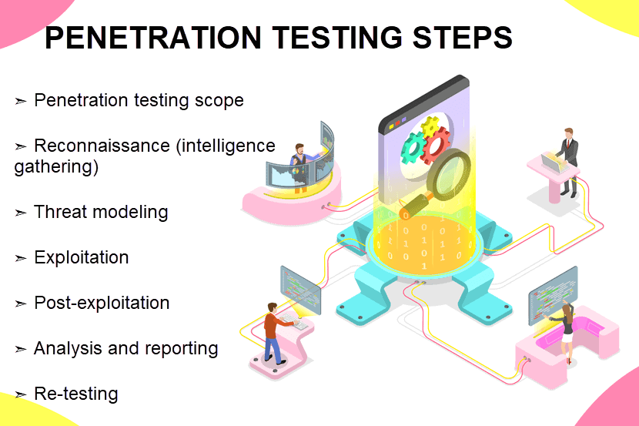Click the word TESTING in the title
pyautogui.click(x=336, y=38)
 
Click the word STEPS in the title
pyautogui.click(x=462, y=38)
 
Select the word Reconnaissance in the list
pyautogui.click(x=102, y=146)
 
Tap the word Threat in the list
pyautogui.click(x=61, y=212)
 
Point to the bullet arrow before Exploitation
pyautogui.click(x=20, y=258)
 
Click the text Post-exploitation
pyautogui.click(x=102, y=303)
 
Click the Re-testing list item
pyautogui.click(x=75, y=394)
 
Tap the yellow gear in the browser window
pyautogui.click(x=430, y=127)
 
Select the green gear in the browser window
pyautogui.click(x=413, y=148)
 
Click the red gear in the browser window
pyautogui.click(x=436, y=145)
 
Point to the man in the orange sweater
pyautogui.click(x=274, y=333)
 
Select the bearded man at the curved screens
pyautogui.click(x=302, y=167)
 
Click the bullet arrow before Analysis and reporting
pyautogui.click(x=20, y=349)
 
